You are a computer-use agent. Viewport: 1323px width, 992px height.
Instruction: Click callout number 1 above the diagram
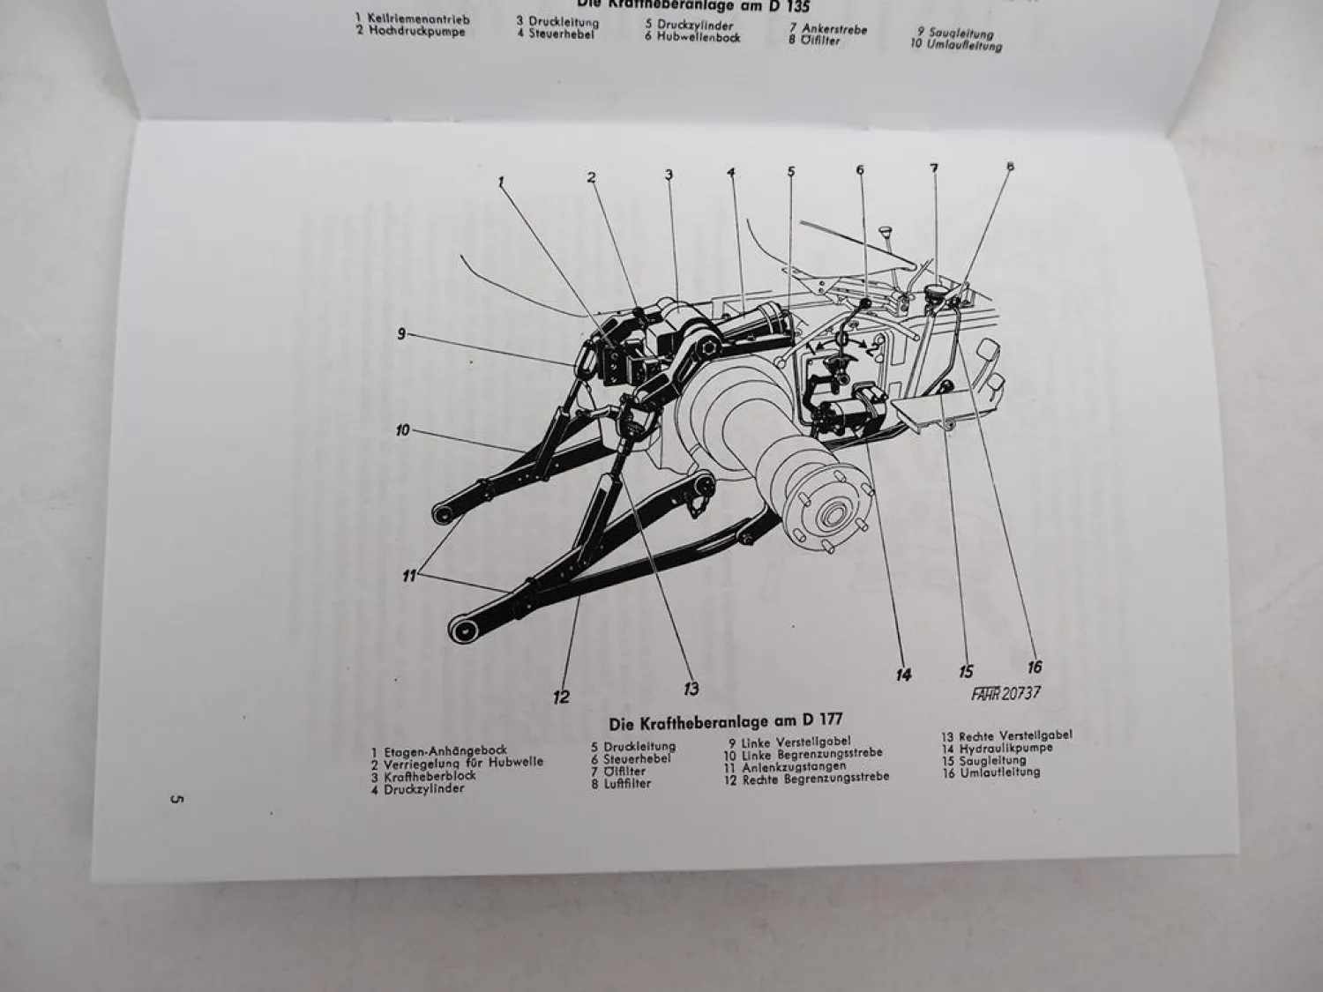[x=501, y=182]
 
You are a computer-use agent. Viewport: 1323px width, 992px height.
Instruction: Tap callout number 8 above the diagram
[x=1010, y=167]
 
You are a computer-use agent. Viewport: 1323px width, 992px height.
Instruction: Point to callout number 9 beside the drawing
[x=401, y=333]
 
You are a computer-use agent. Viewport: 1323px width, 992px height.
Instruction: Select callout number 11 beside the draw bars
[x=409, y=577]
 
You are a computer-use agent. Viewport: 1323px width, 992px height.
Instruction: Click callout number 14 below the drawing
[x=903, y=675]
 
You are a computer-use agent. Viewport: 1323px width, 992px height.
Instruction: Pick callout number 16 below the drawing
[x=1035, y=667]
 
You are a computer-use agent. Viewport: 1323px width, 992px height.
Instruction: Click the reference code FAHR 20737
[x=1005, y=693]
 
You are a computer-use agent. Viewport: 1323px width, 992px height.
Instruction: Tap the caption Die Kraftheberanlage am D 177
[x=726, y=721]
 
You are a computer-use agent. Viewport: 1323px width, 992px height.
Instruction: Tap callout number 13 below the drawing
[x=691, y=689]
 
